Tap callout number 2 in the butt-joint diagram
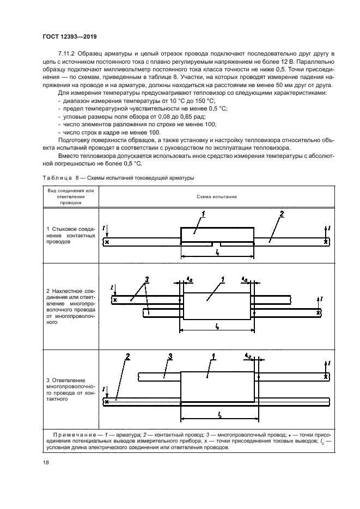point(282,214)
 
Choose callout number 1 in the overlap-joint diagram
point(223,280)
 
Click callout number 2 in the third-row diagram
point(127,358)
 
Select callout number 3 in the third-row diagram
point(170,357)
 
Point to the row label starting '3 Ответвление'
point(70,388)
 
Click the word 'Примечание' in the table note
point(75,434)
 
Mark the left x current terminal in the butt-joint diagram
point(107,241)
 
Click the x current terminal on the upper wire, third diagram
point(325,376)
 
